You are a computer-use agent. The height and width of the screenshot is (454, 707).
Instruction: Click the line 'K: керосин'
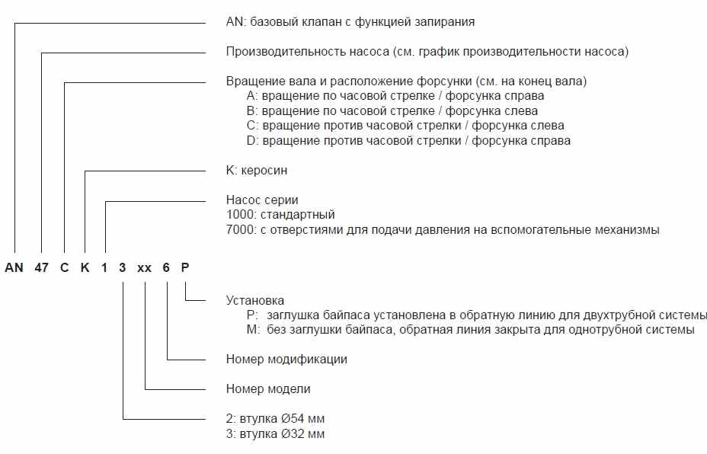coord(257,171)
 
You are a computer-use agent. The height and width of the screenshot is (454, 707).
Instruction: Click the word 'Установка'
coord(255,301)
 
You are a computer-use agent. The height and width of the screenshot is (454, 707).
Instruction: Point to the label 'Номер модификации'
coord(286,359)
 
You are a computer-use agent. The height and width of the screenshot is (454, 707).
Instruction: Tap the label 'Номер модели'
coord(268,388)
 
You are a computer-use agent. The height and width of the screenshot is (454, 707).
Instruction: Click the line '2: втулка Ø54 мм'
coord(276,419)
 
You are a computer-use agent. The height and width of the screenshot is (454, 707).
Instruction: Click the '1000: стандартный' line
coord(280,215)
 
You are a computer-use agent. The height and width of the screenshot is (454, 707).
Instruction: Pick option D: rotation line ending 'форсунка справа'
coord(408,140)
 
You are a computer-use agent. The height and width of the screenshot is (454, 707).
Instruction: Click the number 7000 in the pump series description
coord(240,229)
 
